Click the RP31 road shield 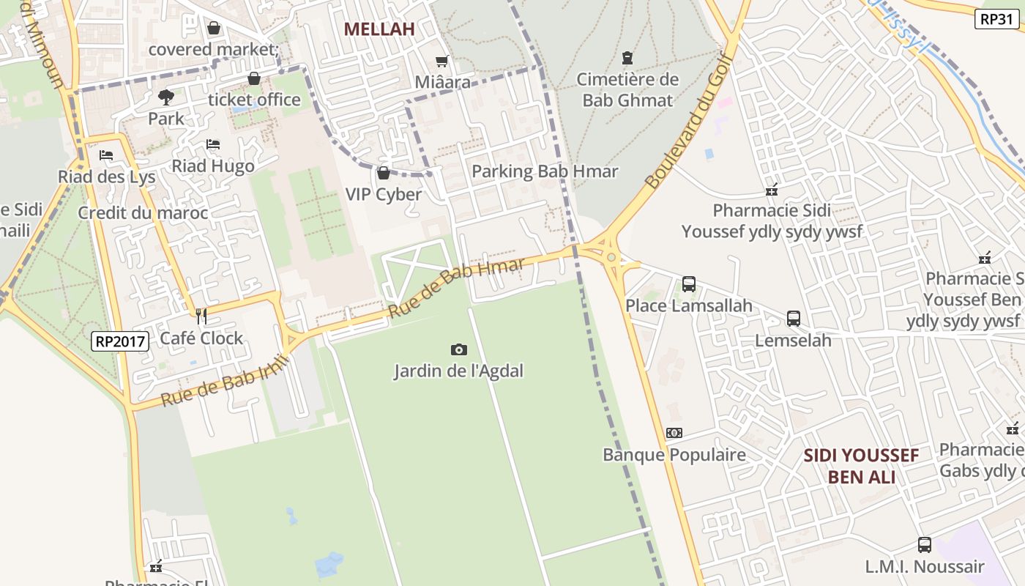(x=997, y=19)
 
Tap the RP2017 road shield (x=121, y=341)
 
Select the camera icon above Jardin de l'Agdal (x=458, y=349)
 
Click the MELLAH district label (x=379, y=29)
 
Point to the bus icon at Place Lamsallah (x=688, y=284)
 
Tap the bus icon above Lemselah (x=794, y=319)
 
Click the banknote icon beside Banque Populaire (x=674, y=433)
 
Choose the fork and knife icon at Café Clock (x=201, y=316)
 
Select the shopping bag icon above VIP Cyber (x=383, y=174)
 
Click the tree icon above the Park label (x=166, y=97)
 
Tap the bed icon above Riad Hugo (x=213, y=144)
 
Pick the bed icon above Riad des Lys (x=106, y=155)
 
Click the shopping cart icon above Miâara (x=441, y=62)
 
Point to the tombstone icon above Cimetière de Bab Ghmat (x=627, y=58)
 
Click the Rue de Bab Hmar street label (x=456, y=286)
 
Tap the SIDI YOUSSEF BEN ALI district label (x=861, y=467)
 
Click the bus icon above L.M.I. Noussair (x=925, y=545)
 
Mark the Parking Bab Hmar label (x=545, y=171)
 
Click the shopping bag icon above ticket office (x=254, y=78)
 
